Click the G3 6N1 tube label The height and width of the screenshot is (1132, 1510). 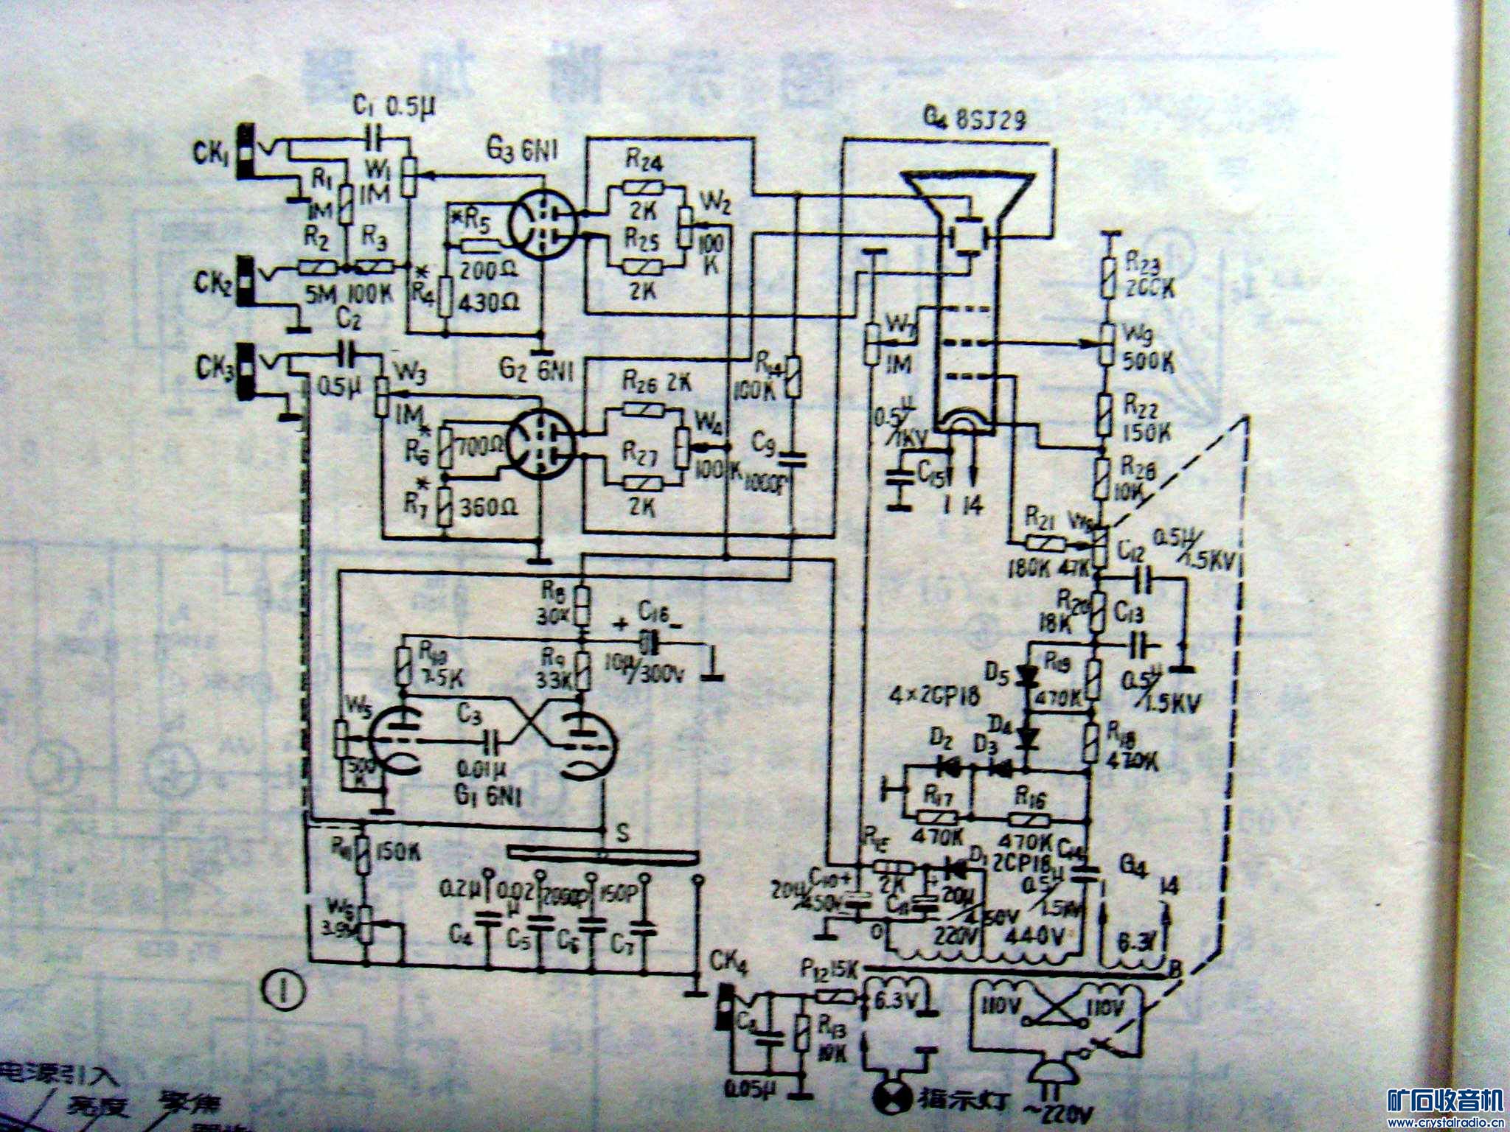coord(521,151)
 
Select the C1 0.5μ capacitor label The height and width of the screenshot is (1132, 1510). coord(394,108)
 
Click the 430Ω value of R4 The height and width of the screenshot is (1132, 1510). coord(487,301)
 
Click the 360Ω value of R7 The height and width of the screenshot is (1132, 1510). coord(487,508)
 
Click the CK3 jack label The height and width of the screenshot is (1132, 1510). coord(212,366)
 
